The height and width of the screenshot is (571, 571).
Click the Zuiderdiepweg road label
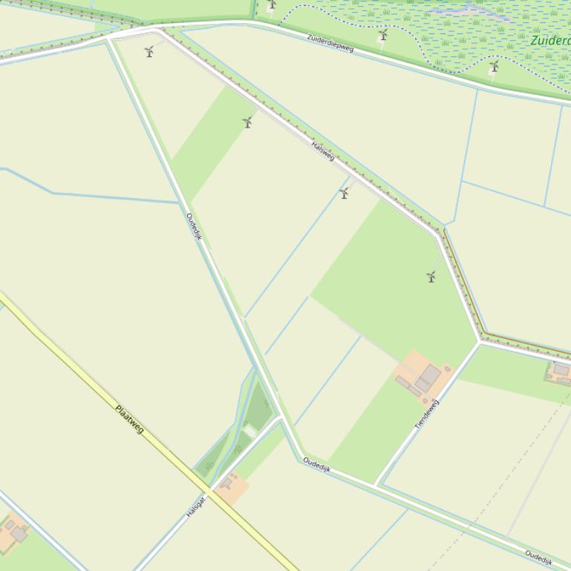pyautogui.click(x=330, y=43)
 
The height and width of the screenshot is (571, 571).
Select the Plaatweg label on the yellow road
pyautogui.click(x=129, y=419)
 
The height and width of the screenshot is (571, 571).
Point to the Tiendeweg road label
pyautogui.click(x=427, y=414)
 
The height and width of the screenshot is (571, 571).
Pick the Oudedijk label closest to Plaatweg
pyautogui.click(x=194, y=227)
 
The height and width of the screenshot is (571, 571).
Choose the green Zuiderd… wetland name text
pyautogui.click(x=550, y=40)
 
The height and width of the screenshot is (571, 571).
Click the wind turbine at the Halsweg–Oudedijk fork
pyautogui.click(x=149, y=51)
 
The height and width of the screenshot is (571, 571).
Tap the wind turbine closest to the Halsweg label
pyautogui.click(x=344, y=193)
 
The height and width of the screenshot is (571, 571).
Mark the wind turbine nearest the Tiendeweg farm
pyautogui.click(x=431, y=277)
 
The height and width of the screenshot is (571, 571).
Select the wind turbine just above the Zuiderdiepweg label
pyautogui.click(x=383, y=34)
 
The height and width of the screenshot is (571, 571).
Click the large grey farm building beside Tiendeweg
pyautogui.click(x=429, y=376)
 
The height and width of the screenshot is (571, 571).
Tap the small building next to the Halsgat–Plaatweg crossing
pyautogui.click(x=227, y=483)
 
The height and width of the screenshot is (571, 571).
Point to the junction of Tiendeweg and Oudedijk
pyautogui.click(x=376, y=485)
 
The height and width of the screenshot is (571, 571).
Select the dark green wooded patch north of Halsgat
pyautogui.click(x=258, y=406)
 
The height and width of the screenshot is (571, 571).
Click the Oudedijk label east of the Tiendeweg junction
pyautogui.click(x=538, y=557)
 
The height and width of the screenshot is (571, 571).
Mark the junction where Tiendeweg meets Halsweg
pyautogui.click(x=480, y=343)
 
